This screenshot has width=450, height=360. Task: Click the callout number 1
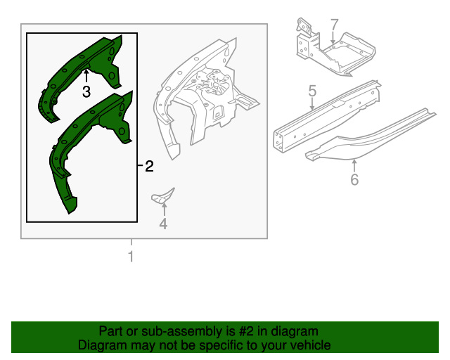pos(130,257)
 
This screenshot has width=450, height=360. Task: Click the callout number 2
pos(148,167)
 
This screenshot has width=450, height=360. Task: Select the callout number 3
pos(86,92)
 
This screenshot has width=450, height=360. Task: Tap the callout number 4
pos(163,224)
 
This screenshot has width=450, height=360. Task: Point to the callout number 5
pos(312,91)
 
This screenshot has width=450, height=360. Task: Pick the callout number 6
pos(354,180)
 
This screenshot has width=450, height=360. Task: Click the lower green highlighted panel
pos(88,141)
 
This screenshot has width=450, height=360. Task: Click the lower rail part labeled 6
pos(366,137)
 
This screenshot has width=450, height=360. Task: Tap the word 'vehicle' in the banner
pos(307,345)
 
